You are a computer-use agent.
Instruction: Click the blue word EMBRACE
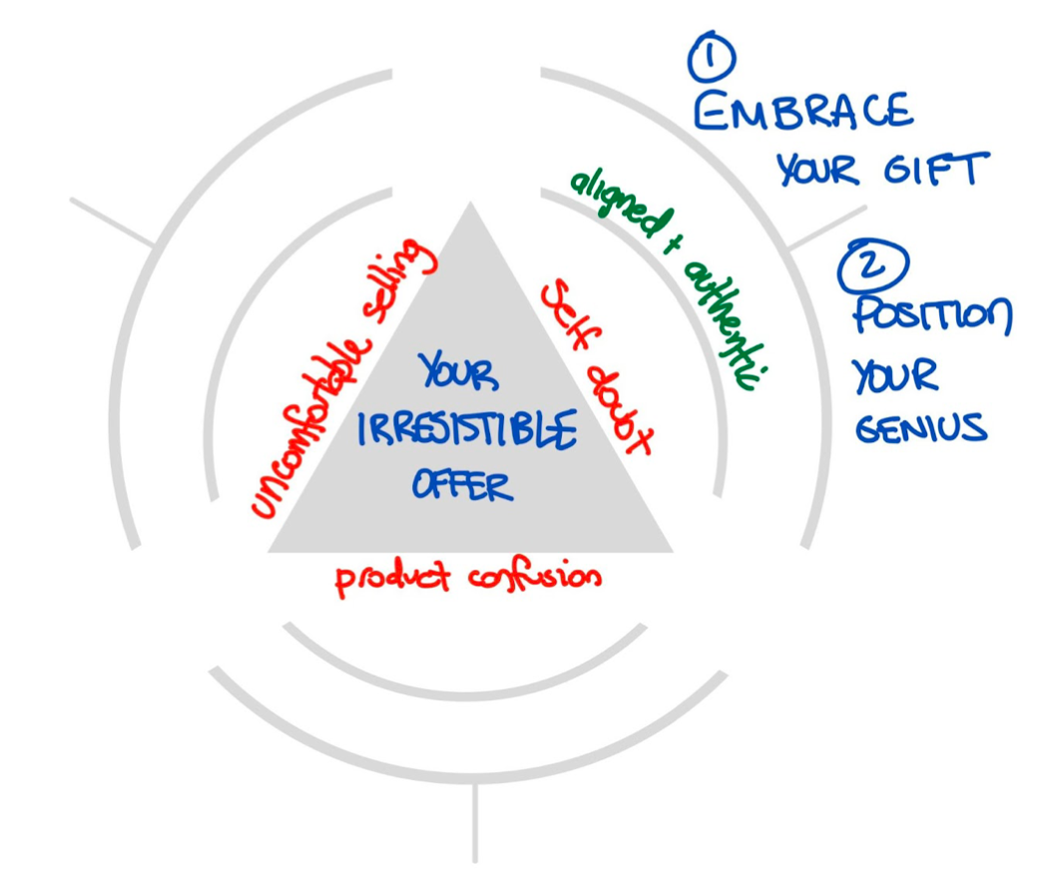[x=802, y=111]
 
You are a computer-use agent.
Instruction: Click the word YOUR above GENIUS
[x=894, y=376]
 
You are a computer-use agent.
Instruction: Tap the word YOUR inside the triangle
[x=460, y=373]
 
